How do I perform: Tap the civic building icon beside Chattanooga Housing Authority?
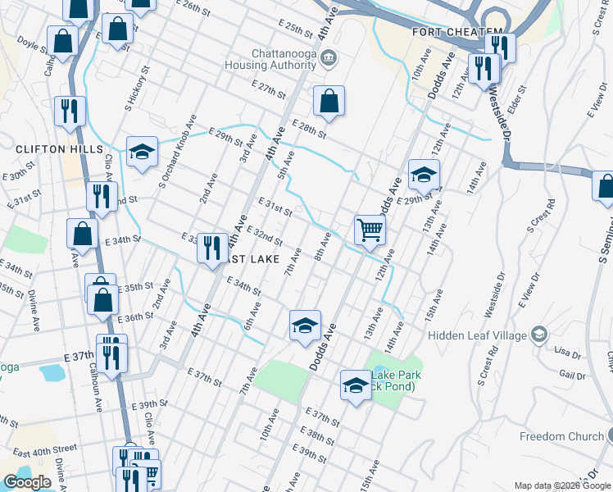(329, 57)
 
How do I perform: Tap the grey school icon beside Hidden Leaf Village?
(538, 334)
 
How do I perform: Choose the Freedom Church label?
(562, 437)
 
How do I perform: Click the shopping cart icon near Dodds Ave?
(370, 230)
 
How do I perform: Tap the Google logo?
(27, 482)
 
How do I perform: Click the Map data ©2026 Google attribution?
(562, 485)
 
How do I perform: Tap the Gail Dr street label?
(572, 375)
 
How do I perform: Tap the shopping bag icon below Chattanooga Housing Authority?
(329, 102)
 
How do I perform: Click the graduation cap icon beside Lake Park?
(356, 385)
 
